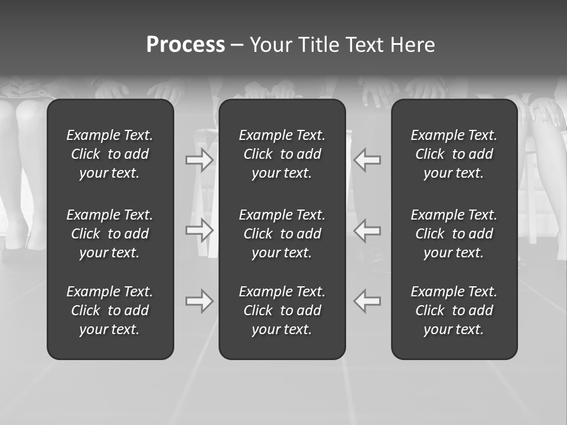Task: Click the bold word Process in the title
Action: tap(185, 45)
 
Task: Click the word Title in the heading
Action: tap(319, 45)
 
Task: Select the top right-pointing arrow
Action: tap(200, 160)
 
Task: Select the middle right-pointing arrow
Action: tap(200, 230)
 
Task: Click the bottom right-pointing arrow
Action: tap(200, 301)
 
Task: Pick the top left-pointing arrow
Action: tap(367, 160)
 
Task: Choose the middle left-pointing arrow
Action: tap(367, 230)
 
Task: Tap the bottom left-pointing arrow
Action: tap(367, 301)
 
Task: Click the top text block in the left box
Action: tap(110, 154)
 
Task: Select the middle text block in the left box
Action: tap(110, 234)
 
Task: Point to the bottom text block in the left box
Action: tap(110, 310)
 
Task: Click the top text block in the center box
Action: tap(282, 154)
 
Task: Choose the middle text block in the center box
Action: tap(282, 234)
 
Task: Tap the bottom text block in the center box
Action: tap(282, 310)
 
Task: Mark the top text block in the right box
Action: tap(454, 154)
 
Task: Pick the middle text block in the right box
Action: tap(454, 234)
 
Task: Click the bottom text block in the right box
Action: tap(454, 310)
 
